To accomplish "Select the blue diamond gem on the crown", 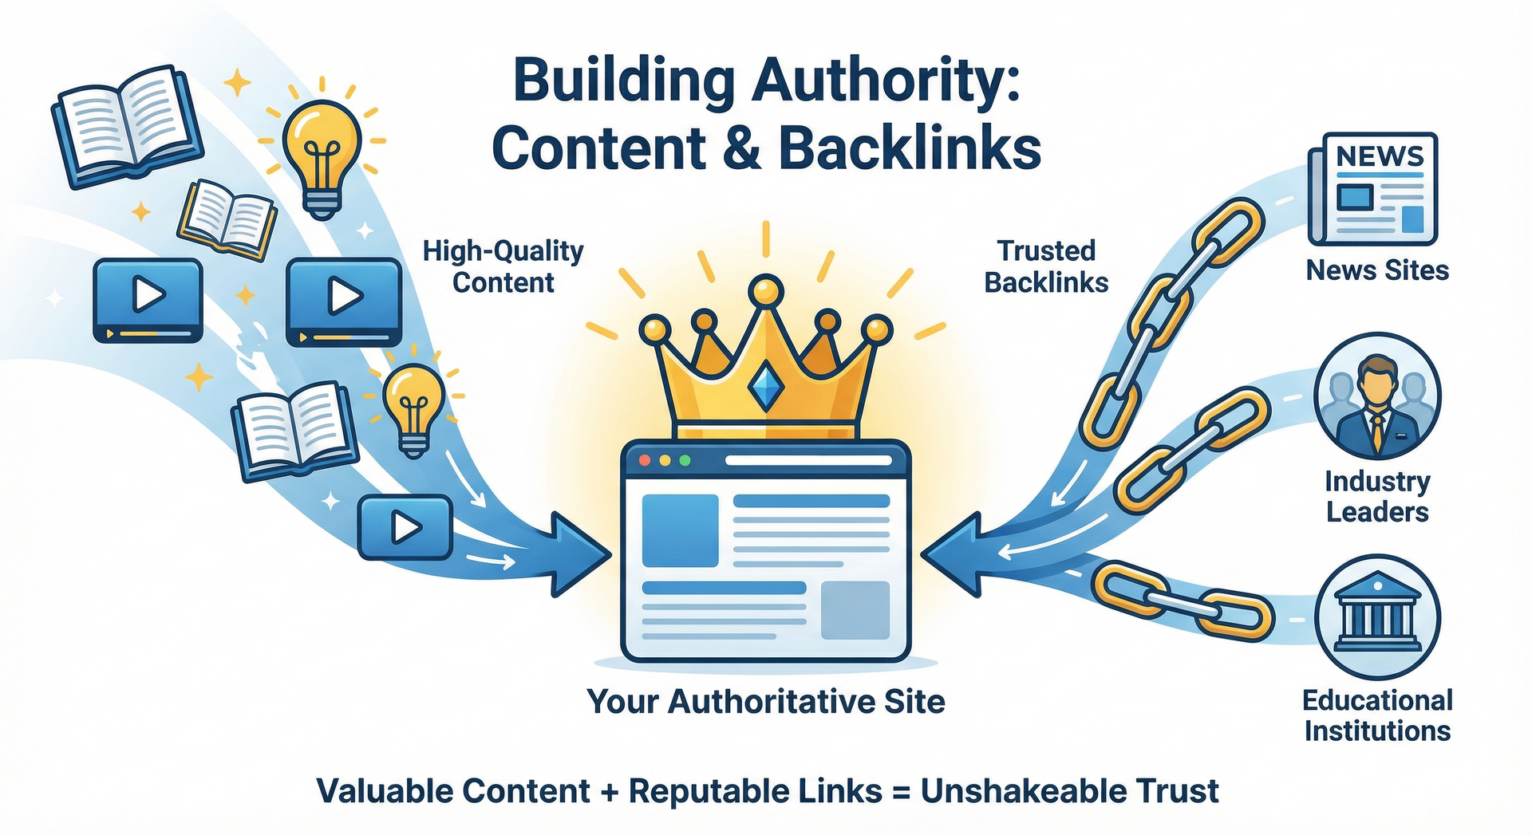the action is pos(764,387).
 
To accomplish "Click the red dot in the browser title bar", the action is pos(645,461).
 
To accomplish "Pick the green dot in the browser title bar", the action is pos(684,461).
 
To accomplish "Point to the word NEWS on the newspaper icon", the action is pos(1380,156).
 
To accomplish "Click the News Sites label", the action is pos(1377,270).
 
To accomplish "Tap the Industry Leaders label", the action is pos(1377,496).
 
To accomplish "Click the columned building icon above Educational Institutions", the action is pos(1378,616).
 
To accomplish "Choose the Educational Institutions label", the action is pos(1377,715).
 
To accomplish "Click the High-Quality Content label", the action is pos(503,266).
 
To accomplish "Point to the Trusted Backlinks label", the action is pos(1046,266).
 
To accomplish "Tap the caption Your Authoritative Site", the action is pos(766,702).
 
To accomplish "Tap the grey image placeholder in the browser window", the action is pos(855,610).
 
